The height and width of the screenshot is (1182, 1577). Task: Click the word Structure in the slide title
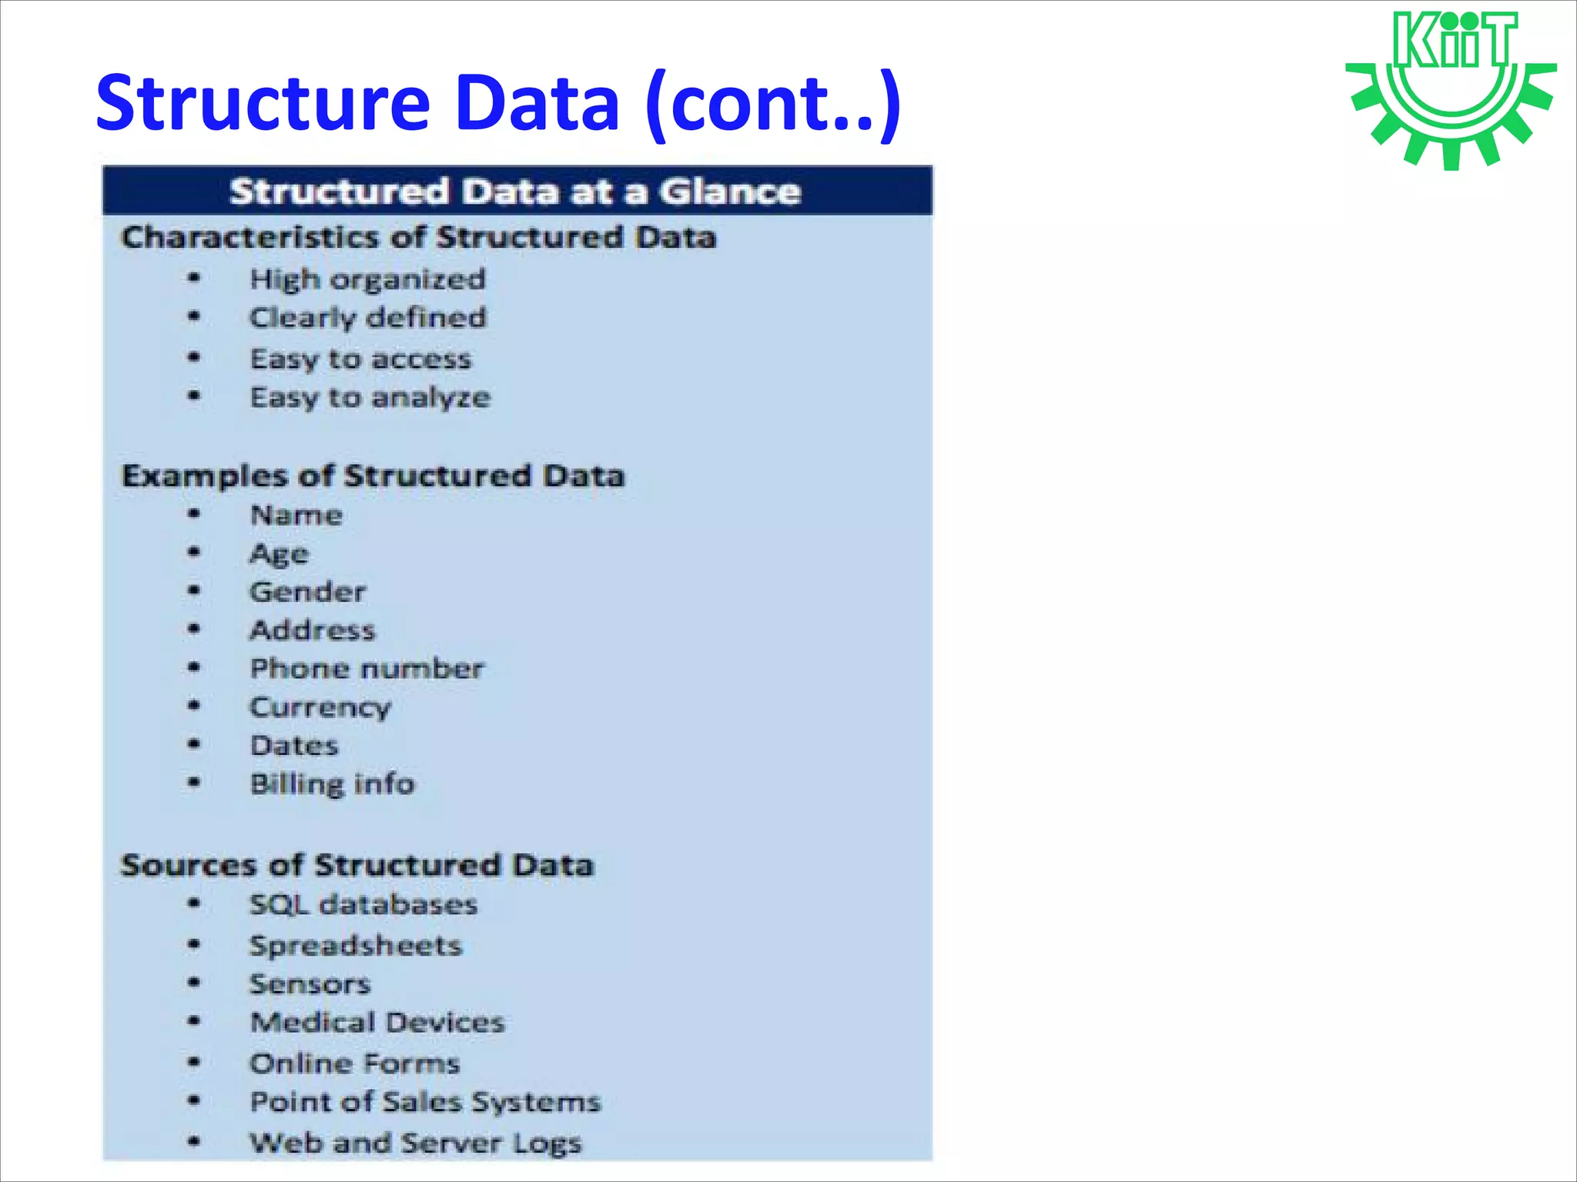pos(263,102)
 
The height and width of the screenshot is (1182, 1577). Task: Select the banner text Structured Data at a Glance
pos(515,191)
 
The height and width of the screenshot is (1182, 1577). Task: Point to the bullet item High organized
pos(367,279)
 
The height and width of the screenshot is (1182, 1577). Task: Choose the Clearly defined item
pos(367,318)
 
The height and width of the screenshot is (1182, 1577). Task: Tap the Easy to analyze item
pos(370,398)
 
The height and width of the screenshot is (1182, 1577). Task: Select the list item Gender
pos(307,592)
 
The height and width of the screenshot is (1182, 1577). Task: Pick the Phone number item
pos(367,669)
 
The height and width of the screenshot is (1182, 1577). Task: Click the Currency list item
pos(320,707)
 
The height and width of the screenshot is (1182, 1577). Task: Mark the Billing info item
pos(332,784)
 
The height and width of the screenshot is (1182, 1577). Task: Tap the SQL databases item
pos(363,904)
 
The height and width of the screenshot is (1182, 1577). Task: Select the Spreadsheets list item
pos(355,946)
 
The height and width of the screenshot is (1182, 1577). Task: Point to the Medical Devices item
pos(377,1023)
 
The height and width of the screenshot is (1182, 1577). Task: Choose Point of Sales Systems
pos(425,1102)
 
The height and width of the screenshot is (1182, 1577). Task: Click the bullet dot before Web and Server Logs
pos(194,1141)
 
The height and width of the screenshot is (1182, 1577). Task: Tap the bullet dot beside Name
pos(194,513)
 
